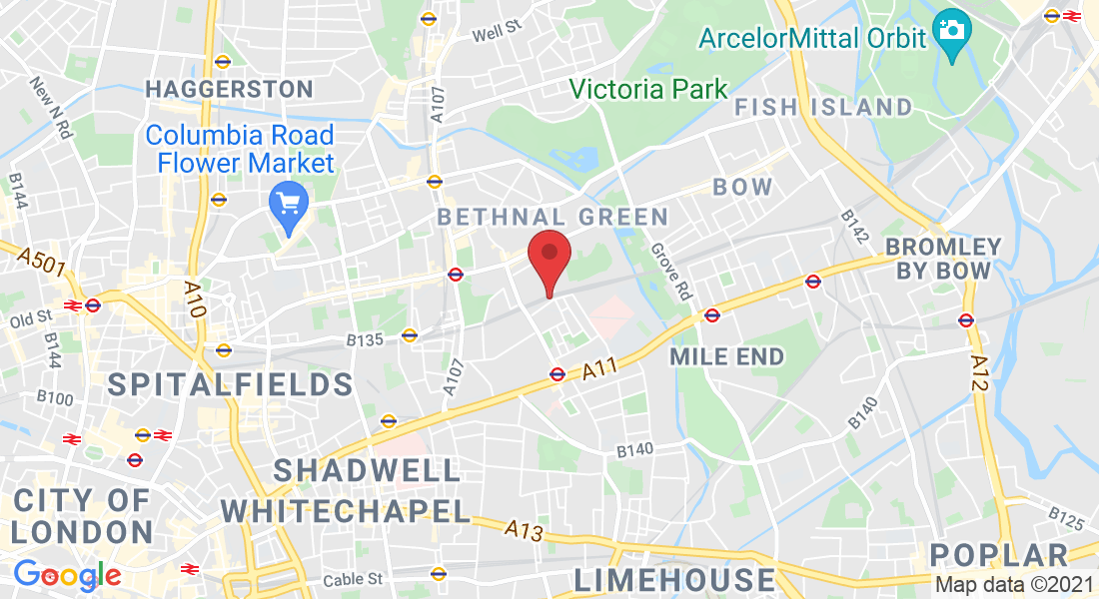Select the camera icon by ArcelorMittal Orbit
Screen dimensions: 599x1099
point(952,31)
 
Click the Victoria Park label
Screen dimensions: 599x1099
point(649,89)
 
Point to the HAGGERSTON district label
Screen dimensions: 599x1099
point(230,89)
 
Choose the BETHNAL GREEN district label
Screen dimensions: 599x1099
point(552,216)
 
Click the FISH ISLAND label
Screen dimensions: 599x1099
point(823,107)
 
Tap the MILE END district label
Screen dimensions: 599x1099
point(727,356)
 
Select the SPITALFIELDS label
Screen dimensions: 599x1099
point(230,383)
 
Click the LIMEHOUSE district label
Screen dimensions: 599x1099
point(674,579)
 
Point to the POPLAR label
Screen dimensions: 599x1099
point(999,555)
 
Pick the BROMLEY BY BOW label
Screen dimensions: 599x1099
point(944,258)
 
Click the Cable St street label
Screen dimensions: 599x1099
point(353,579)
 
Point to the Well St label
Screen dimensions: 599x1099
point(498,32)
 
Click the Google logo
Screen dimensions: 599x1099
point(67,575)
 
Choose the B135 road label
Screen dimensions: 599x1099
point(365,340)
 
